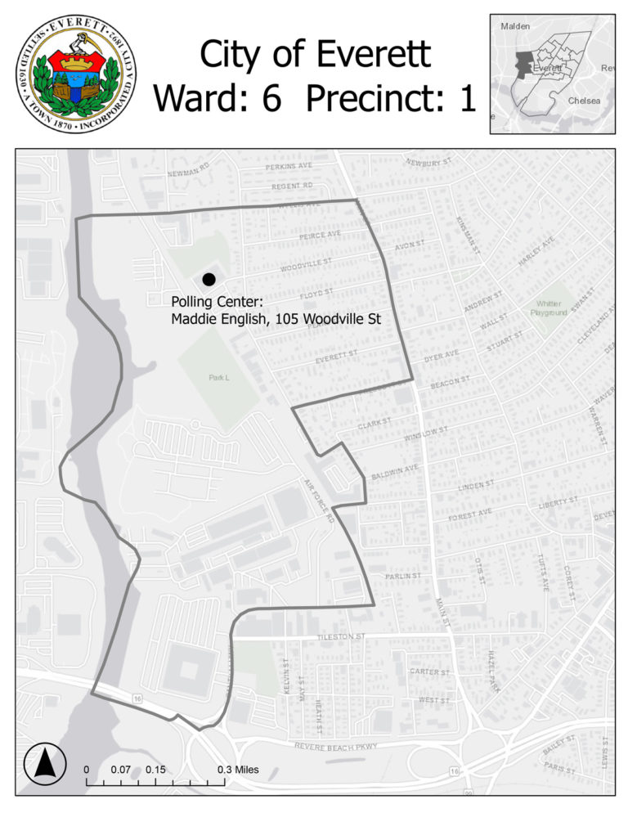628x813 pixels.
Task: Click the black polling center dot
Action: click(x=209, y=280)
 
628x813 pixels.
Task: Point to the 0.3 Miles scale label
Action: click(x=239, y=770)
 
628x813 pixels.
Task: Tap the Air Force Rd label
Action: click(x=319, y=501)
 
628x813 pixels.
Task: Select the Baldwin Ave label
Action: click(x=396, y=471)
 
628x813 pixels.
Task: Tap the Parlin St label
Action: click(x=402, y=576)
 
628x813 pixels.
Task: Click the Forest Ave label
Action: click(x=469, y=514)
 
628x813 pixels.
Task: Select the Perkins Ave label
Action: click(x=289, y=166)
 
